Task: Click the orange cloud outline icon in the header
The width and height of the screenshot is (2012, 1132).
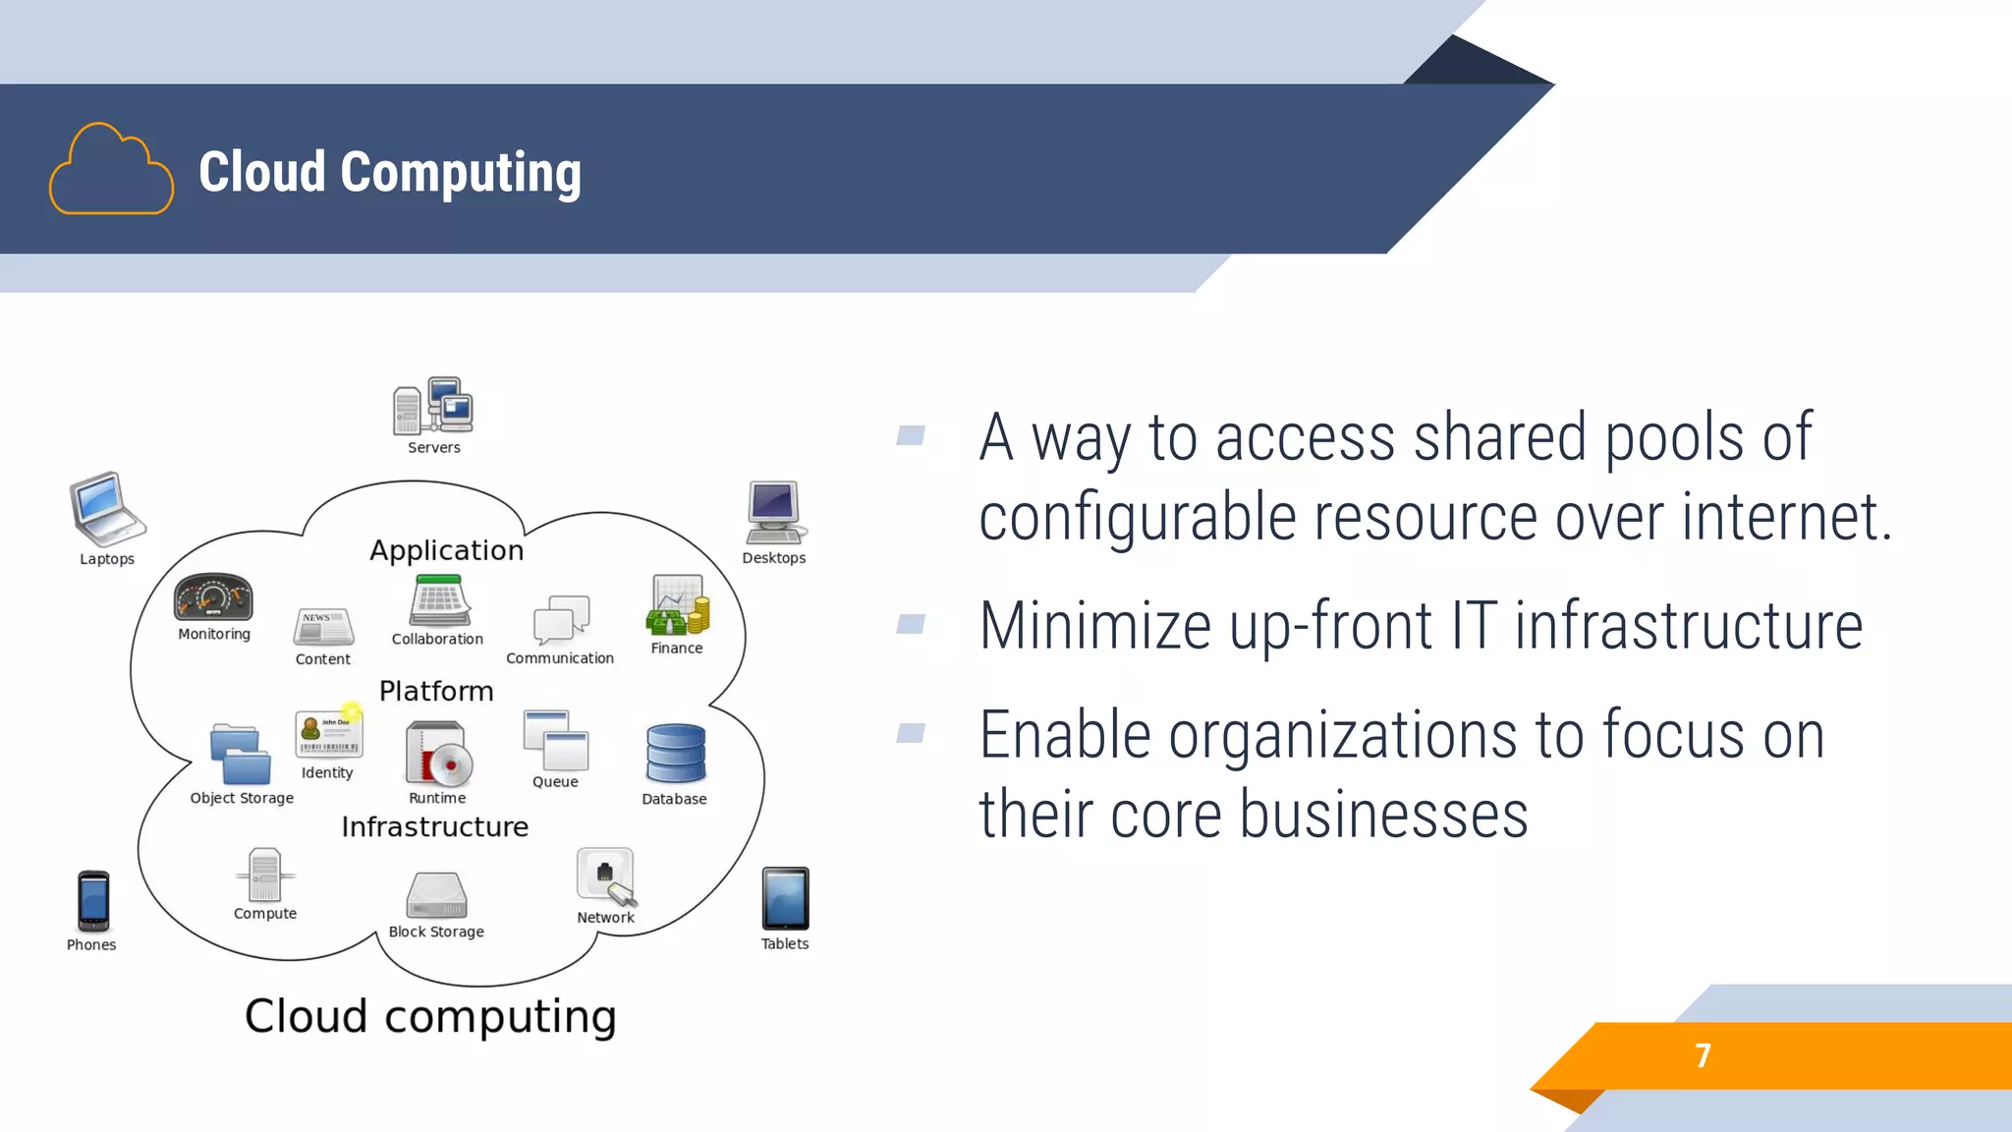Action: [111, 170]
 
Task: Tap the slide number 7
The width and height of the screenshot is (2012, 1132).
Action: [1703, 1055]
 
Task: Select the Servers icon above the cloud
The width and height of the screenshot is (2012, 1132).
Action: [433, 406]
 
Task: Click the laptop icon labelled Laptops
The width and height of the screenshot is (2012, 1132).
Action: [107, 509]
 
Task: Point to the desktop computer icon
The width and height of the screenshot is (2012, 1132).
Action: [775, 512]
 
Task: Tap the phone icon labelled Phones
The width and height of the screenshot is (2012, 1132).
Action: [93, 900]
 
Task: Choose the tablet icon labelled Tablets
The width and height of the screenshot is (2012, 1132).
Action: [785, 898]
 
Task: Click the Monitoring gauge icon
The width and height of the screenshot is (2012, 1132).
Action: [213, 597]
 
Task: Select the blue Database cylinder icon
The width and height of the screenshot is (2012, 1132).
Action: [676, 755]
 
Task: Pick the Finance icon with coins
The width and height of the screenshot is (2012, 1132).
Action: [677, 605]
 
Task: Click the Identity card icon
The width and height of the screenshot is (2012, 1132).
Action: [329, 734]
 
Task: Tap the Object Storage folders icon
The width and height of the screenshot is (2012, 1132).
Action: [241, 755]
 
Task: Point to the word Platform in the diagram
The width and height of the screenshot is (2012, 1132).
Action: [436, 691]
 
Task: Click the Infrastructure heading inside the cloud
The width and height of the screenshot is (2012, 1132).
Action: [435, 826]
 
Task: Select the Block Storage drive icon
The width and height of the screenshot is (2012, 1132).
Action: [436, 895]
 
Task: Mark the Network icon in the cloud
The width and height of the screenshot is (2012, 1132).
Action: [606, 876]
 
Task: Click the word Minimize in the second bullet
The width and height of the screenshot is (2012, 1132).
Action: [1094, 626]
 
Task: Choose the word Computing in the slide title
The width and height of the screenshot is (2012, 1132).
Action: [461, 173]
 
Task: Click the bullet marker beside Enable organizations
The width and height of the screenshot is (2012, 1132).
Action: [911, 733]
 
